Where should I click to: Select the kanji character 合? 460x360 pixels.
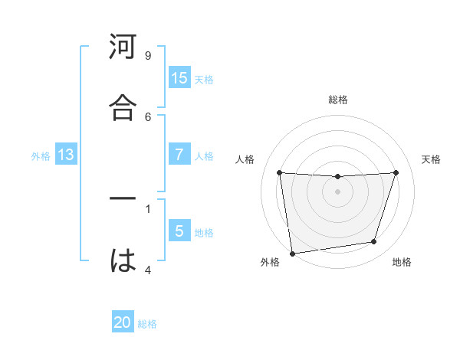(x=123, y=109)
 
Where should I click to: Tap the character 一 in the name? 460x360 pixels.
(x=123, y=200)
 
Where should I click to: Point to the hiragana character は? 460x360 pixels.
(x=123, y=260)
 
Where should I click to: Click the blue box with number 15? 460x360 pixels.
(x=179, y=78)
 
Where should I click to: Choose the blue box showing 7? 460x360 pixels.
(x=179, y=154)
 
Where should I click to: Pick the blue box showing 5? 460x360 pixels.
(x=179, y=231)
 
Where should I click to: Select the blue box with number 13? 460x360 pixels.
(x=65, y=155)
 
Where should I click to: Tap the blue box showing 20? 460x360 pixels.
(x=123, y=322)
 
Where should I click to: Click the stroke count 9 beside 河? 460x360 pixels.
(x=147, y=56)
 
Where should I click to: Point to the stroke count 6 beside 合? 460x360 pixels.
(x=147, y=116)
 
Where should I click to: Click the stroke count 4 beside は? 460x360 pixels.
(x=147, y=269)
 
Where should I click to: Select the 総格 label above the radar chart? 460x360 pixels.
(x=338, y=100)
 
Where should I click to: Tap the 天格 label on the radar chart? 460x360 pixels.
(x=432, y=159)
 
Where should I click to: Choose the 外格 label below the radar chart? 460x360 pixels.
(x=270, y=263)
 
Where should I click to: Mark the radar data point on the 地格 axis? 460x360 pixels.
(x=374, y=242)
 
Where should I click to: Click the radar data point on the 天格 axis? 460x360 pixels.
(x=396, y=172)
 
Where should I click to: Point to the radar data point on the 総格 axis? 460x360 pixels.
(x=337, y=177)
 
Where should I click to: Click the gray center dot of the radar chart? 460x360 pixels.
(x=337, y=191)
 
